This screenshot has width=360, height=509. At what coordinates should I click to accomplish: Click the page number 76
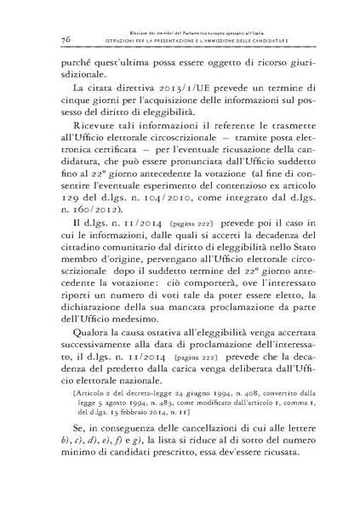[66, 40]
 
